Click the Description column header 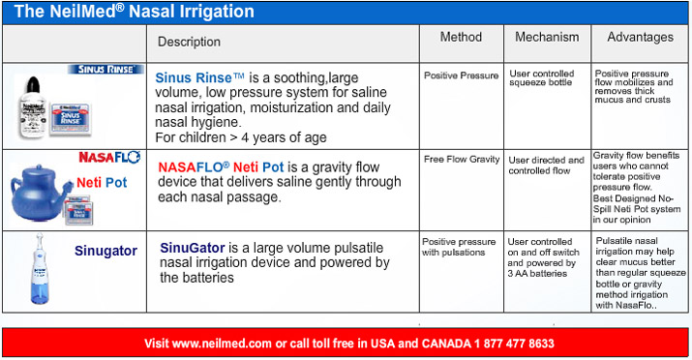[189, 42]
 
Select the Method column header [461, 37]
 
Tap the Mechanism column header [547, 37]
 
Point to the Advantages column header [640, 37]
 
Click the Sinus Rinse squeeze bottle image [33, 106]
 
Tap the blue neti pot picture [41, 193]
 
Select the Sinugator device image [40, 268]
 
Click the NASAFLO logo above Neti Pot [109, 158]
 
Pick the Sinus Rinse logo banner [105, 70]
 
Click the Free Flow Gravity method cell [462, 160]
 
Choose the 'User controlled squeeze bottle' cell [542, 78]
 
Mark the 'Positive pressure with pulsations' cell [459, 247]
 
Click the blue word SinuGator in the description [193, 248]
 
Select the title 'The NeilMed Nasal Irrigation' [135, 12]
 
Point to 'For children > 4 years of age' [241, 137]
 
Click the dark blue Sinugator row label [105, 251]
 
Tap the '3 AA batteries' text [537, 274]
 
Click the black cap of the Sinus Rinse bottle [33, 84]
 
